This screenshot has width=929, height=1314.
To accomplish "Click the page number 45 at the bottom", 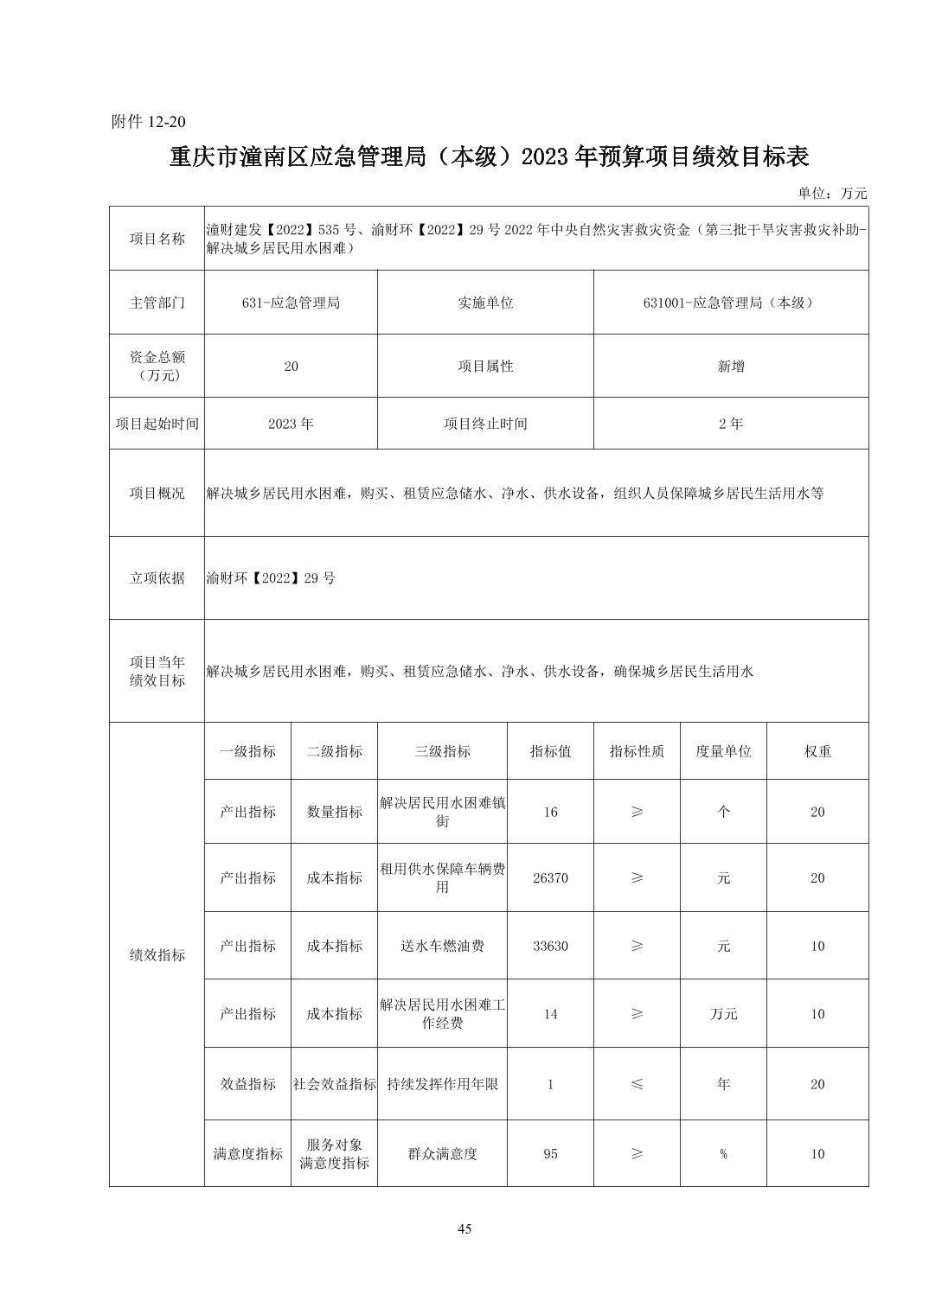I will pos(464,1229).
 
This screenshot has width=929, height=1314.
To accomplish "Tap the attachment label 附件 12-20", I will pos(149,121).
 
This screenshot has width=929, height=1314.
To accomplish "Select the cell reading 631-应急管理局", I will pos(291,303).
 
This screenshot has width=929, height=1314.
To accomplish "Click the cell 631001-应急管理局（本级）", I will pos(730,303).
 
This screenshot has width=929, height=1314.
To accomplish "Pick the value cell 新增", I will pos(730,366).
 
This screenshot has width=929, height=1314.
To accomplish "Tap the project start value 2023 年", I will pos(291,424).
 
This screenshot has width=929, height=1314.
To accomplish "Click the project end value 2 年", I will pos(730,424).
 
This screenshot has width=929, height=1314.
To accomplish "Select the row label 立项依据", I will pos(157,578).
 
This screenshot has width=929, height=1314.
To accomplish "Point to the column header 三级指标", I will pos(442,751).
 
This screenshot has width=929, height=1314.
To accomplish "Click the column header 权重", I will pos(817,751).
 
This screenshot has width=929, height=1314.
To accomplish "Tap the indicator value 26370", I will pos(550,877).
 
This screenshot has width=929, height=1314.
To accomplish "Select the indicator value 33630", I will pos(550,946).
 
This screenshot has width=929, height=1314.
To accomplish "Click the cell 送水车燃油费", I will pos(442,946).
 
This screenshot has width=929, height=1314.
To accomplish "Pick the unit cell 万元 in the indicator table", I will pos(723,1014).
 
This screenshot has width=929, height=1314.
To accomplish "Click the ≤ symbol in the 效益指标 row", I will pos(637,1084).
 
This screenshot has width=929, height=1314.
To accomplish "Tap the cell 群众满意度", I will pos(442,1153).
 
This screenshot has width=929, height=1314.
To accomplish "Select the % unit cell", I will pos(723,1153).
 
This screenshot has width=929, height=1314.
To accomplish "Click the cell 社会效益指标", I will pos(334,1084).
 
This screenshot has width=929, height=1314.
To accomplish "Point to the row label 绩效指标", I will pos(157,954).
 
